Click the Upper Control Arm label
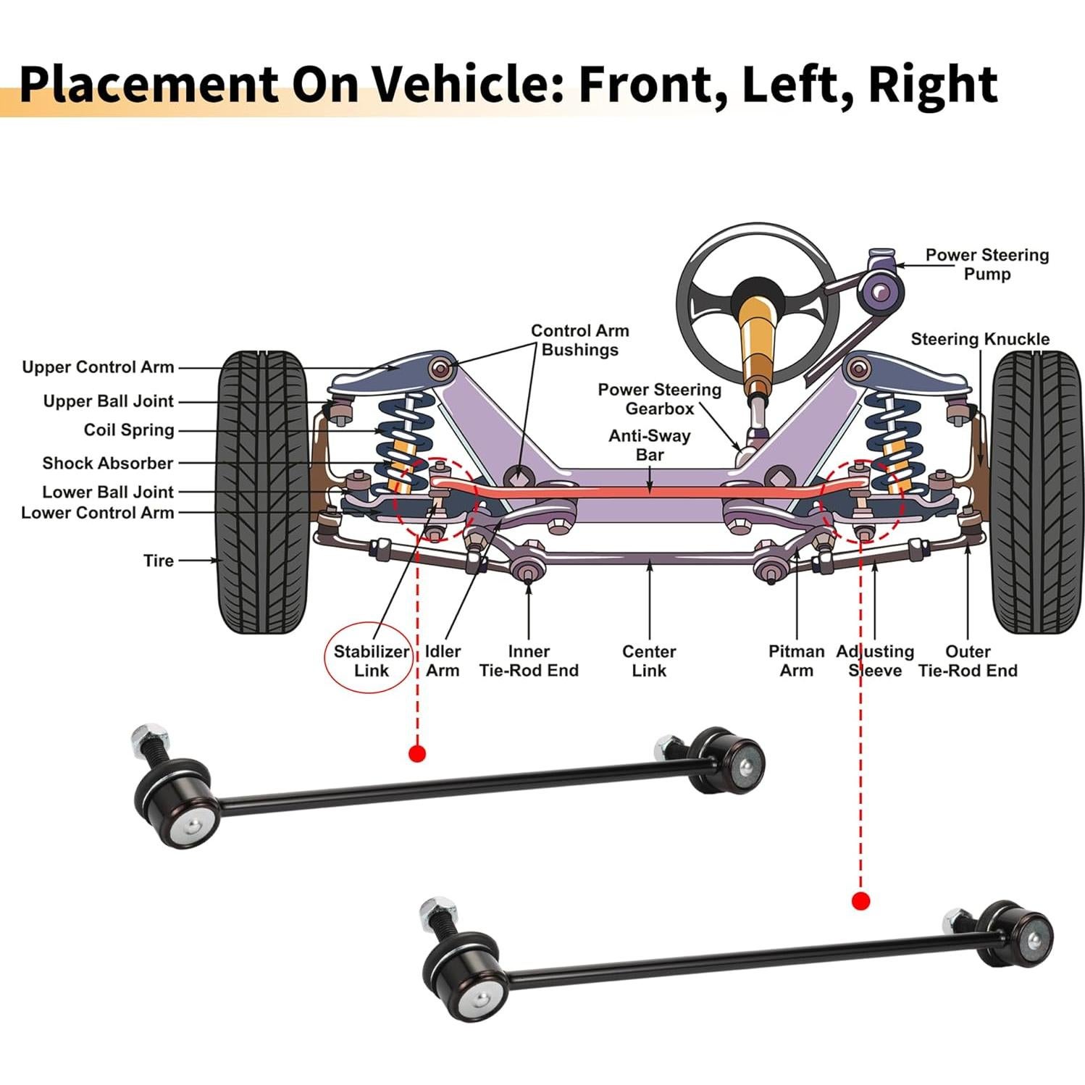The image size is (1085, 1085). [98, 367]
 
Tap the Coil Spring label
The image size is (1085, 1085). [129, 430]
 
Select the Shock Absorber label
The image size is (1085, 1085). [107, 463]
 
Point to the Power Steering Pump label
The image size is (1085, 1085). [986, 264]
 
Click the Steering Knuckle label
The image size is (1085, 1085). [979, 339]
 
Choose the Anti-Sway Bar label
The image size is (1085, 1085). [649, 445]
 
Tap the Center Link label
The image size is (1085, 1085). [649, 661]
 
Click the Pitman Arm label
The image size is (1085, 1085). [796, 661]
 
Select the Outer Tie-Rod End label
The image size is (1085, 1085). [967, 661]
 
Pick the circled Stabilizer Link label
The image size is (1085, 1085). [371, 661]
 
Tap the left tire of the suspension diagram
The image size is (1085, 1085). [262, 493]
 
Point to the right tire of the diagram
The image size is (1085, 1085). [1037, 493]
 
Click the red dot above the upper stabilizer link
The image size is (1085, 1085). [416, 753]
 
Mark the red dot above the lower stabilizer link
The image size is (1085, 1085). [860, 901]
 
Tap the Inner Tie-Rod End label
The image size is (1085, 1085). [529, 661]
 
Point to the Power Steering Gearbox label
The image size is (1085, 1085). [659, 399]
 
